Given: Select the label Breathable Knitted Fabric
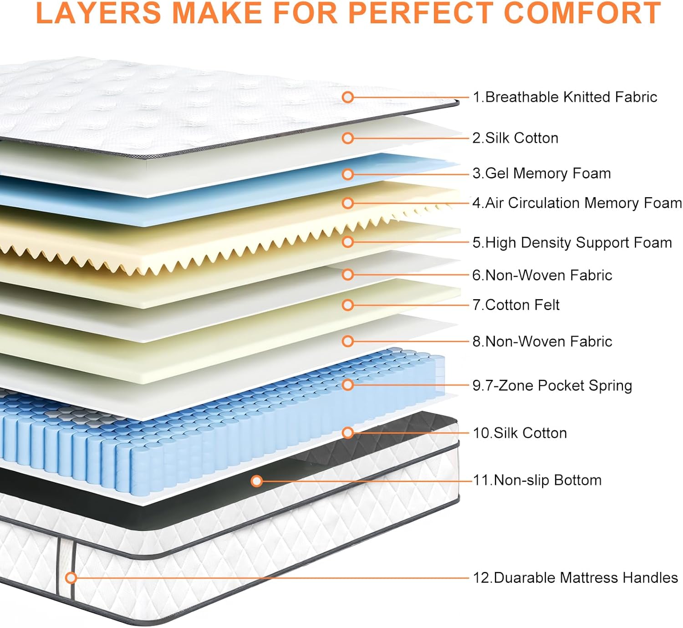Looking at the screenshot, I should pyautogui.click(x=565, y=97).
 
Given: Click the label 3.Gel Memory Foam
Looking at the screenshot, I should pyautogui.click(x=541, y=174).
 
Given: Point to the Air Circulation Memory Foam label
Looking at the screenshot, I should pyautogui.click(x=577, y=203).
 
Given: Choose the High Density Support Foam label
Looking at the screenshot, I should pyautogui.click(x=572, y=243).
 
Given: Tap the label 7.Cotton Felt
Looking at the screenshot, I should pyautogui.click(x=516, y=305).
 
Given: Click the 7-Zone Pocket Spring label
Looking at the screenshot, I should pyautogui.click(x=552, y=386).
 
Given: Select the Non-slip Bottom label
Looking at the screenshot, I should pyautogui.click(x=537, y=480).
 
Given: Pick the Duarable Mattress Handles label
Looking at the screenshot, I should pyautogui.click(x=576, y=578).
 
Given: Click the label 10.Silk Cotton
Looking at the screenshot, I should pyautogui.click(x=520, y=433).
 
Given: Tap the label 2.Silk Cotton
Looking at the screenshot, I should pyautogui.click(x=515, y=138).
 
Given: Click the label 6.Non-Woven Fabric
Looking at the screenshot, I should pyautogui.click(x=542, y=275).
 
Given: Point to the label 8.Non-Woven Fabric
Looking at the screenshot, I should pyautogui.click(x=542, y=342).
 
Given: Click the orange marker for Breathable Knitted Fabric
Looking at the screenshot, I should pyautogui.click(x=348, y=97).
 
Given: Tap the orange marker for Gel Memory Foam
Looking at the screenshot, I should pyautogui.click(x=348, y=174).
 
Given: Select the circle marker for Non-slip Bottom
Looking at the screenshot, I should pyautogui.click(x=257, y=481).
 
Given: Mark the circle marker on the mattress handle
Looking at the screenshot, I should pyautogui.click(x=71, y=578).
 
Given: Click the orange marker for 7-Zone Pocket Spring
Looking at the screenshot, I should pyautogui.click(x=348, y=385).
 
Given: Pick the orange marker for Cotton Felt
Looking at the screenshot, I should pyautogui.click(x=348, y=305).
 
